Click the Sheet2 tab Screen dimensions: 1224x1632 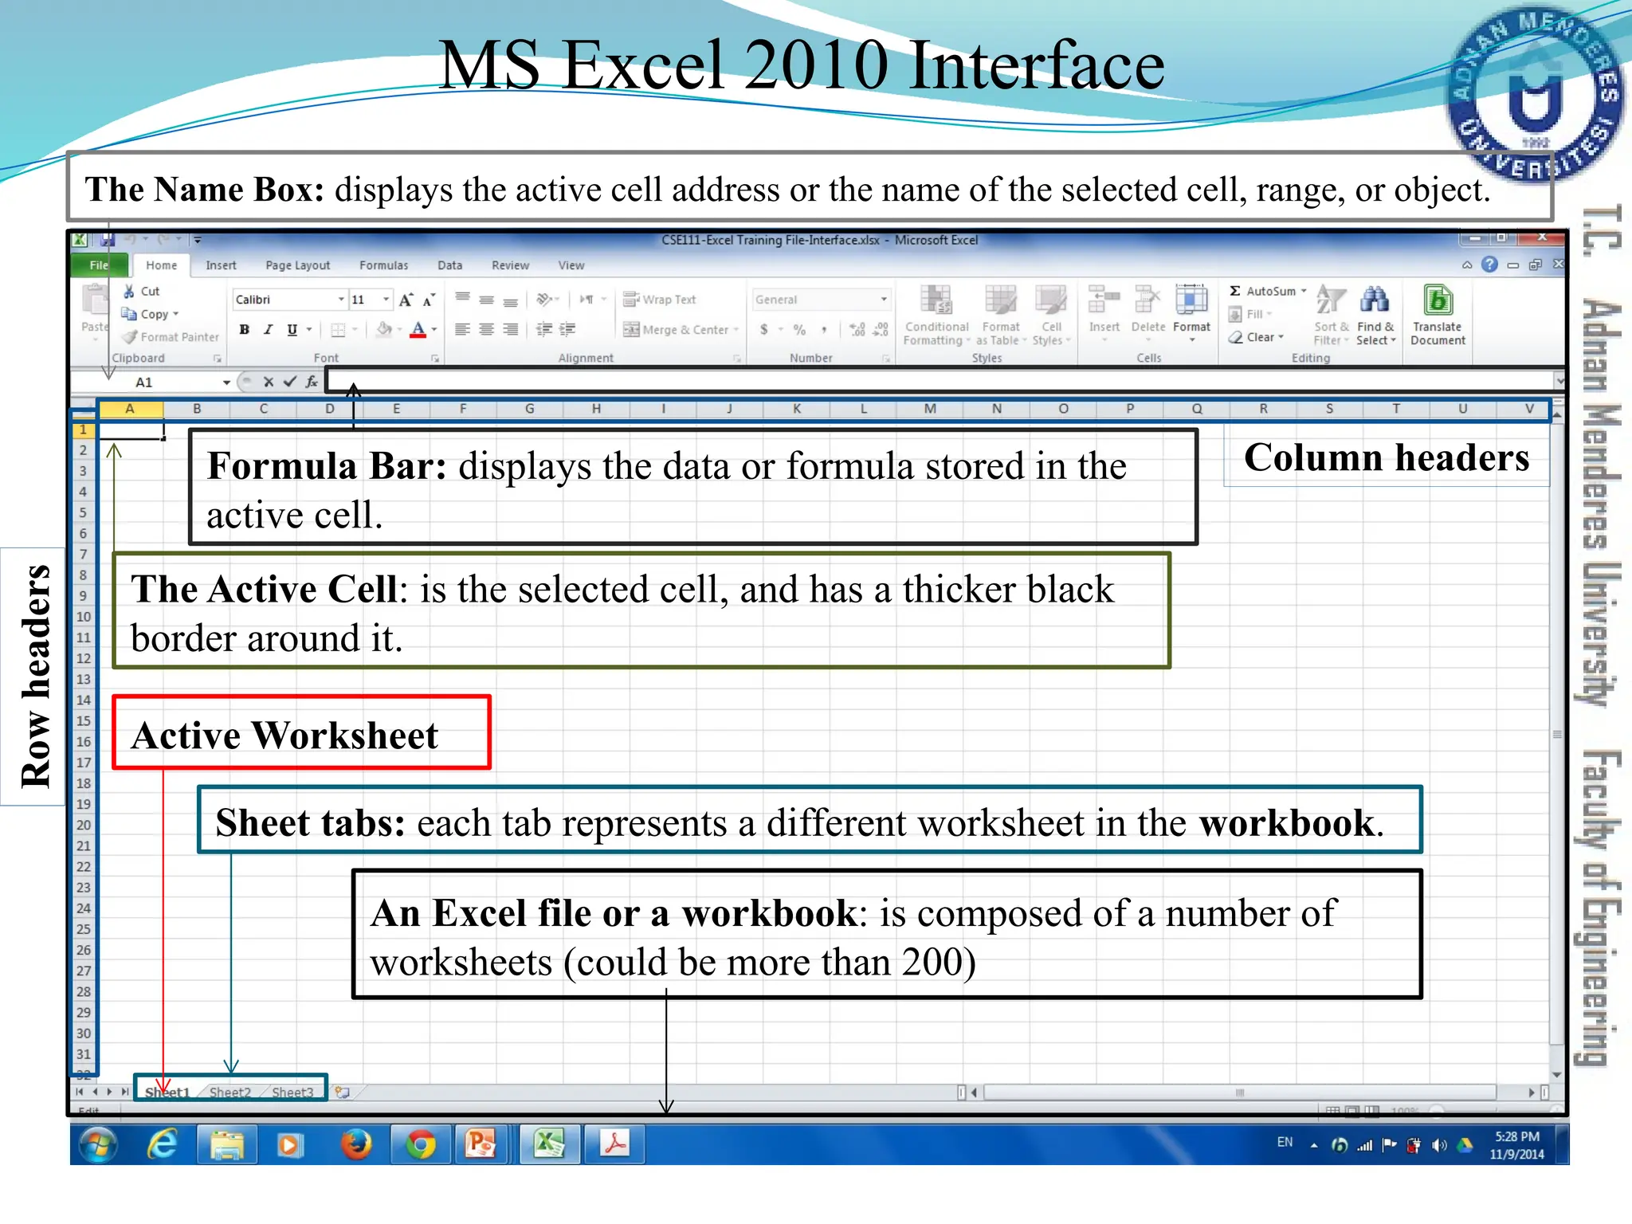coord(229,1092)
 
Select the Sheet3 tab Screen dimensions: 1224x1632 coord(292,1092)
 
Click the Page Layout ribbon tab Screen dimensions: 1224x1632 coord(297,265)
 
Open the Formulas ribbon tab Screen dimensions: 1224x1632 coord(383,265)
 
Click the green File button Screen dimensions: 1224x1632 coord(99,265)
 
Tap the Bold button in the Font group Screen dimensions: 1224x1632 coord(245,330)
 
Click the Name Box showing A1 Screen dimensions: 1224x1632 coord(175,382)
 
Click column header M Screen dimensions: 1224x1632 coord(930,409)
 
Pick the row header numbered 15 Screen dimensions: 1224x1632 coord(84,721)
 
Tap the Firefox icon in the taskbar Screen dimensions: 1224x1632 coord(356,1144)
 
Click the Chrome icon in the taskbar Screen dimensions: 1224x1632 coord(421,1144)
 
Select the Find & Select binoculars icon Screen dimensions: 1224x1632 coord(1375,301)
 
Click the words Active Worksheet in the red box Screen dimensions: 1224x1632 coord(284,736)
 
